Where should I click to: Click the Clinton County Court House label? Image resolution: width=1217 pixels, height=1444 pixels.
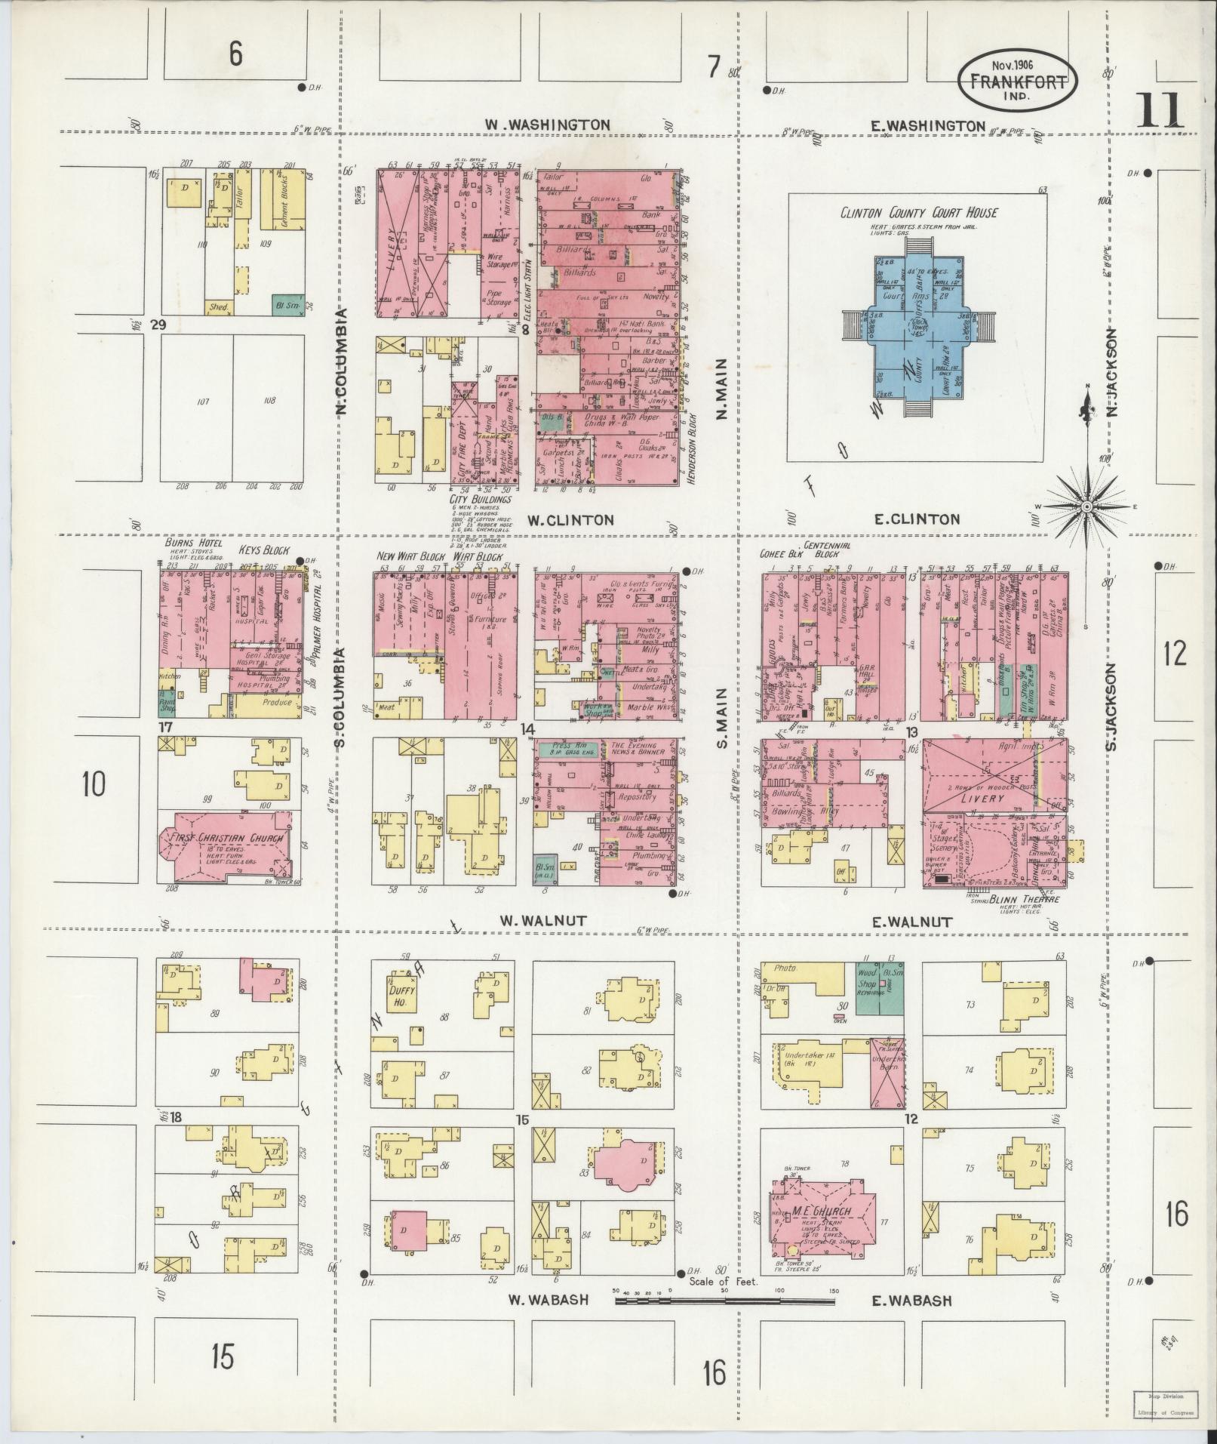pyautogui.click(x=918, y=213)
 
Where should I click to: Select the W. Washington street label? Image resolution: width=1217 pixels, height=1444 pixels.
pyautogui.click(x=547, y=125)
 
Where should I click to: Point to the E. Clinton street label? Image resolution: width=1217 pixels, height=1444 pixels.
pyautogui.click(x=917, y=519)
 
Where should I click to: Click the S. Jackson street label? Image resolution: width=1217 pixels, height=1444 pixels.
pyautogui.click(x=1110, y=707)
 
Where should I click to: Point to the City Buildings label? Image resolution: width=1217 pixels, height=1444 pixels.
pyautogui.click(x=480, y=499)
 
